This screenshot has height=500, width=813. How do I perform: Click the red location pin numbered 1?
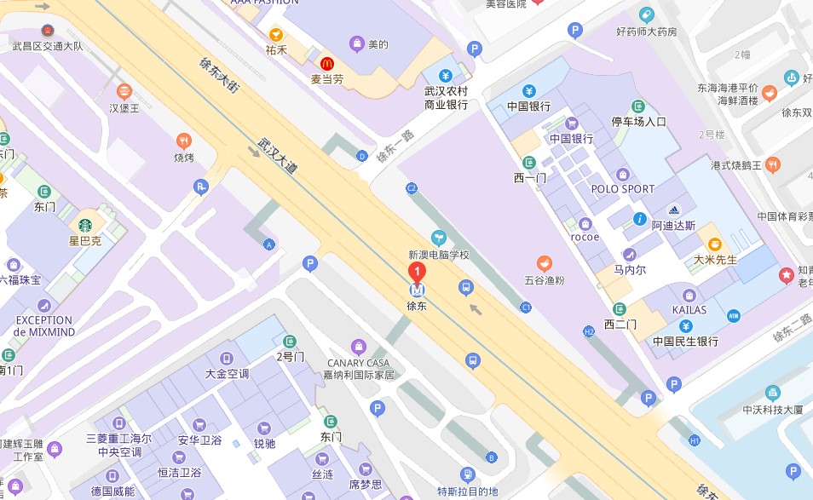coord(417,273)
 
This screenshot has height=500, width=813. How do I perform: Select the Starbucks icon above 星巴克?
coord(85,226)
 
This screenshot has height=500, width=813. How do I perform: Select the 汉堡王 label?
coord(124,108)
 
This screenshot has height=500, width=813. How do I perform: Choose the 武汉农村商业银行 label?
coord(447,98)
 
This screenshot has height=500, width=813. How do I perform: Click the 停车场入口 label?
coord(639,122)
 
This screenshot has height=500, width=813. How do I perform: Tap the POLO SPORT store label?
coord(623,189)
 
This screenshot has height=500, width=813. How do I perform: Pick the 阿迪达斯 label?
coord(673,226)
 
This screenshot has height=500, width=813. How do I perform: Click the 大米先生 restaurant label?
coord(715,259)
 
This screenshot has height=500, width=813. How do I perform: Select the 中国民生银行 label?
coord(685,342)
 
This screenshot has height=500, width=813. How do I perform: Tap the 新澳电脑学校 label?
coord(439,255)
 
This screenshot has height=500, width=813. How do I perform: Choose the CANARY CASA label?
coord(359,363)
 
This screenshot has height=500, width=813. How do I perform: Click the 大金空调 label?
coord(227,374)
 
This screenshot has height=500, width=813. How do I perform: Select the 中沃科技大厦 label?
coord(772,410)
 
